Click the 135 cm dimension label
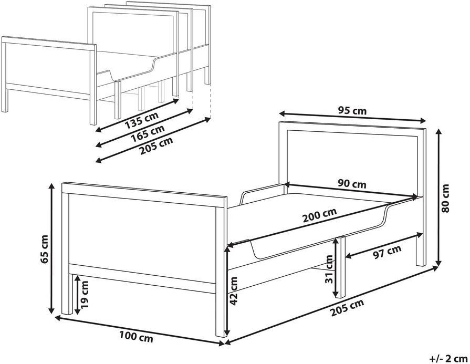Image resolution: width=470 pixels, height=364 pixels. [x=141, y=120]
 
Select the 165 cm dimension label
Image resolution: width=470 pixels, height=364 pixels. [x=148, y=133]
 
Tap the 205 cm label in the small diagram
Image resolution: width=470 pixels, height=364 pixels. [x=156, y=145]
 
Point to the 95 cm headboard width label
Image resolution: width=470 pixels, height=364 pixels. [x=352, y=111]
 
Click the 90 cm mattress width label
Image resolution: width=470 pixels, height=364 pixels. [x=352, y=183]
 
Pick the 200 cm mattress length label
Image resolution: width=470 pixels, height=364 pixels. [x=319, y=215]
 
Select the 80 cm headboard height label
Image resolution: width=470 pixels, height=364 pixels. [x=445, y=199]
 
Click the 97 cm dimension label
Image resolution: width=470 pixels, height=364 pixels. [x=387, y=252]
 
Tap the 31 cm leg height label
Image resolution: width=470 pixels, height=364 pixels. [x=329, y=269]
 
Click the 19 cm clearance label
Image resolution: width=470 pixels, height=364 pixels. [x=85, y=295]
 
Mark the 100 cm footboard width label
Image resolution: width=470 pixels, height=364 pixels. [x=137, y=336]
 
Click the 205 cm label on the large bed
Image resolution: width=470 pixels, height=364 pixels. [x=347, y=308]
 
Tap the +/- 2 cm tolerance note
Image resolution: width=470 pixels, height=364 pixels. [x=448, y=358]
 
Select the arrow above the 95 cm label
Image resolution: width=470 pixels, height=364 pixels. [x=352, y=117]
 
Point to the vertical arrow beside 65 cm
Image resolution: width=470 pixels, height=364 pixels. [x=52, y=249]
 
